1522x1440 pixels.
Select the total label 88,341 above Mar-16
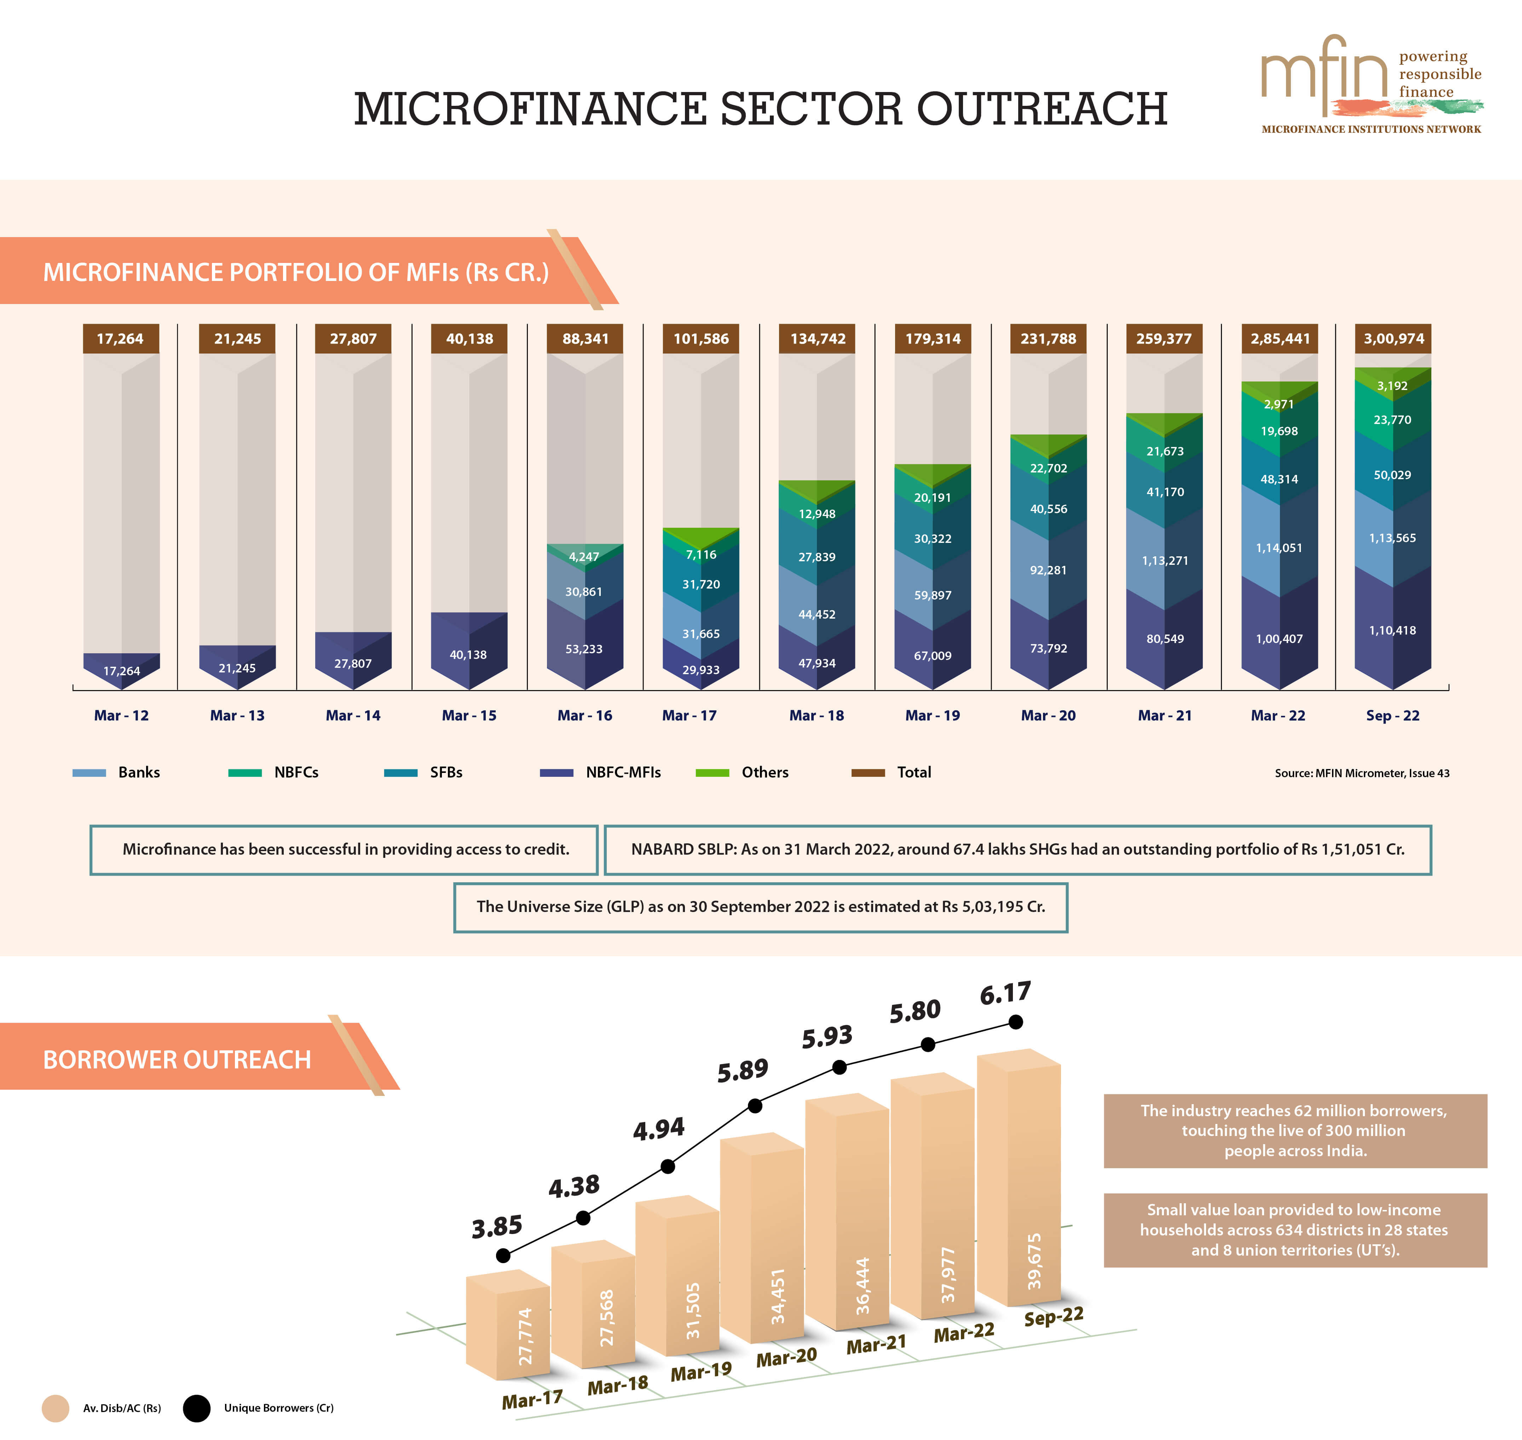(x=585, y=339)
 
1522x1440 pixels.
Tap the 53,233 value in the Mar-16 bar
(x=584, y=649)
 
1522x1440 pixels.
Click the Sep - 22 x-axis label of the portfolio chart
(x=1392, y=715)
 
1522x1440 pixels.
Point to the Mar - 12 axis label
(x=121, y=715)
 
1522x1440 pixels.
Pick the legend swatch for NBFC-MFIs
(x=557, y=773)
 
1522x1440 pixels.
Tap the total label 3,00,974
(x=1393, y=339)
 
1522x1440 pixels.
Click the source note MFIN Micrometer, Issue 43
(x=1362, y=773)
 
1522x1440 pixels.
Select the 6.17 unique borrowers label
(x=1005, y=993)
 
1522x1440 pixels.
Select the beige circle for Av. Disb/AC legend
(x=55, y=1409)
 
